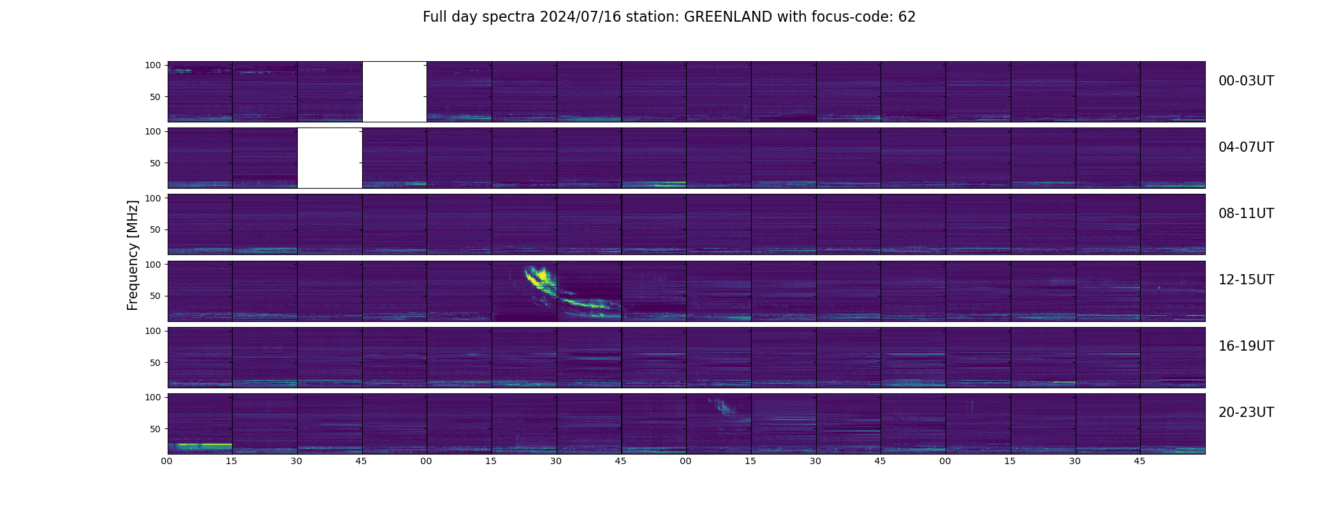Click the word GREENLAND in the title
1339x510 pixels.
click(x=728, y=17)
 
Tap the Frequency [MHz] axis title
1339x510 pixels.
click(x=133, y=255)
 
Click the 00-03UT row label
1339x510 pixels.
click(x=1246, y=81)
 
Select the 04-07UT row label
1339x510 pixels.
click(x=1246, y=147)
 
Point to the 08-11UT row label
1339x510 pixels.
click(x=1246, y=214)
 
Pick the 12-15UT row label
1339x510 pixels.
click(x=1246, y=280)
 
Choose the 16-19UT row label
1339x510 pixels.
click(x=1246, y=346)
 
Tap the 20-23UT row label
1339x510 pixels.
click(x=1246, y=412)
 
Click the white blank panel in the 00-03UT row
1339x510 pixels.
click(x=395, y=91)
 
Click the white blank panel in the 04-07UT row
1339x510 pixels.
click(x=330, y=157)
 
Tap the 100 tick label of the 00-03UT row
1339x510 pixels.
click(x=153, y=65)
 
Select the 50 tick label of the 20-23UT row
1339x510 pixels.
click(x=156, y=429)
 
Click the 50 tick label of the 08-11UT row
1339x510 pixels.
click(x=156, y=229)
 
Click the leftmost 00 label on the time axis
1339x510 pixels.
click(x=167, y=461)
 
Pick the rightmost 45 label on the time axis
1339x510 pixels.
click(x=1140, y=461)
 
